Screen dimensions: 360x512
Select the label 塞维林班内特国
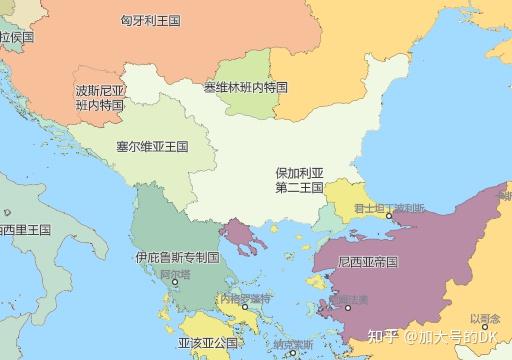coord(246,88)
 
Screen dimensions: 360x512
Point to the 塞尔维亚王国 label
coord(152,146)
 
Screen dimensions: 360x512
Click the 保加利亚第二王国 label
coord(299,180)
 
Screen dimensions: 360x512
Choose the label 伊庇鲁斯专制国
coord(177,257)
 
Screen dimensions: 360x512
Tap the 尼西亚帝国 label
coord(369,262)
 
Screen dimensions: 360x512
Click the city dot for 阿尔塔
coord(176,282)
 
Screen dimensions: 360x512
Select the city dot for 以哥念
coord(485,327)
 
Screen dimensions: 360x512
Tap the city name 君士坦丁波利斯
coord(389,207)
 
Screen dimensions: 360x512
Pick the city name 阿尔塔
coord(174,272)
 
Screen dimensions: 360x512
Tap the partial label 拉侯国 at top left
coord(17,36)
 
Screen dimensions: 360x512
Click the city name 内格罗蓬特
coord(245,298)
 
